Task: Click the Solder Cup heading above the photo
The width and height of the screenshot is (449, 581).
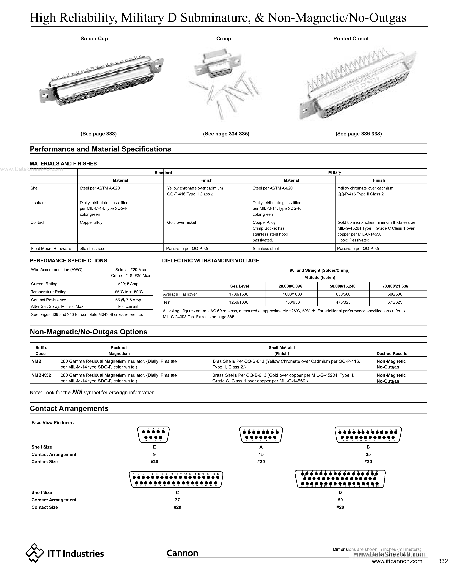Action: point(94,39)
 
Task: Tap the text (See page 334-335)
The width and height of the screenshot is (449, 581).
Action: point(226,134)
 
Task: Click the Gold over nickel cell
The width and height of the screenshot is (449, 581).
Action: point(182,222)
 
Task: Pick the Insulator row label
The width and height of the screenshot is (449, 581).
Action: point(38,203)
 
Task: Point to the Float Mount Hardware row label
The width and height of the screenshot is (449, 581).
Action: point(50,248)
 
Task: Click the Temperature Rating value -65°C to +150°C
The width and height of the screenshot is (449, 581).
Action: point(128,292)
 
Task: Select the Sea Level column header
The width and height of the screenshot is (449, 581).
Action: point(239,286)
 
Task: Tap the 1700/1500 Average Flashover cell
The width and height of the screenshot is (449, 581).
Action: point(239,294)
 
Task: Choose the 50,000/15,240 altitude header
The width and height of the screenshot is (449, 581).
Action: point(343,286)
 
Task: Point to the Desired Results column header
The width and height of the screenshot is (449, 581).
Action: point(392,353)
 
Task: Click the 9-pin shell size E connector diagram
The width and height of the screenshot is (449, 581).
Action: point(153,434)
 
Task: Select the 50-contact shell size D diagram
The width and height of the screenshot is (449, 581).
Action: point(340,479)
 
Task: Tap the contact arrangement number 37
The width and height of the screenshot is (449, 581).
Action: point(177,500)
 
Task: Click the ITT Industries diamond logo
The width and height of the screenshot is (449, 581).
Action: point(35,553)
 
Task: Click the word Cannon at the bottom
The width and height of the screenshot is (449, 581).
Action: point(183,553)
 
